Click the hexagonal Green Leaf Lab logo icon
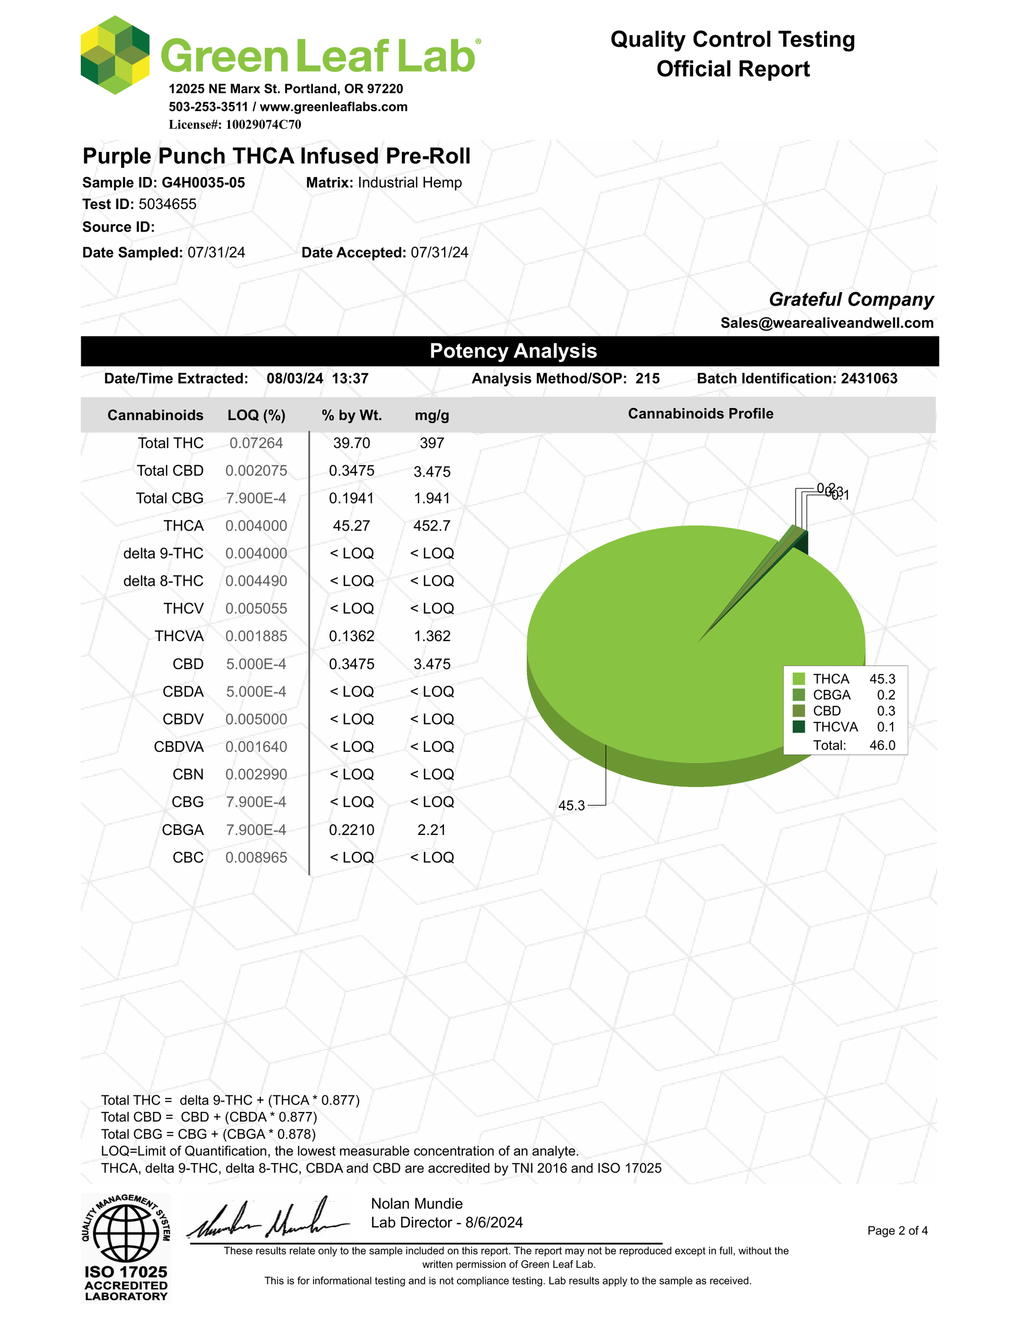click(115, 56)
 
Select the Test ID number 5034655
click(167, 204)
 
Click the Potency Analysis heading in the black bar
click(513, 351)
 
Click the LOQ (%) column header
click(256, 415)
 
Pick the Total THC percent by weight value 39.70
click(351, 443)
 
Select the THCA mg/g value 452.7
click(431, 526)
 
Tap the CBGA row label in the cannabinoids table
click(182, 830)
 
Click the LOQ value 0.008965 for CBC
click(256, 858)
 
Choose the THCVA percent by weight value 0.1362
click(351, 636)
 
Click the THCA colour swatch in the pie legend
click(799, 679)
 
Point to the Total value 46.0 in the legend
click(882, 745)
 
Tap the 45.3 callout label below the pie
click(571, 806)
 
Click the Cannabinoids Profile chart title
click(700, 414)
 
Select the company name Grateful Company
click(851, 300)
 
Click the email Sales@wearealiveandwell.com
click(827, 323)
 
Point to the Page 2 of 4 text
click(897, 1231)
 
